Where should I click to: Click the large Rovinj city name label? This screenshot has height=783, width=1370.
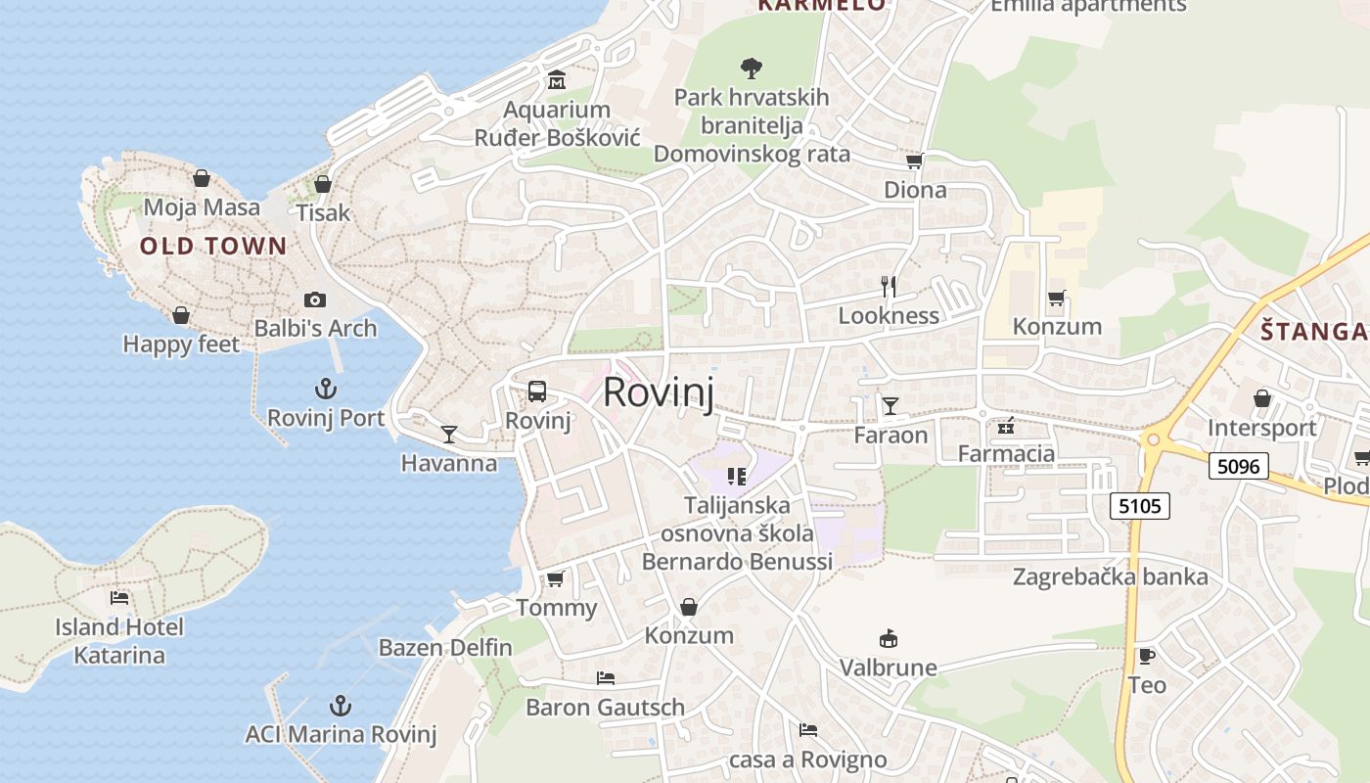click(x=658, y=392)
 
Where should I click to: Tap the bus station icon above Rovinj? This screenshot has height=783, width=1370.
click(x=537, y=391)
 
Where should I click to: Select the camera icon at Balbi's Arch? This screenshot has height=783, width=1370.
click(x=315, y=299)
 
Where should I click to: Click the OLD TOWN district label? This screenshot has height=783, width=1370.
click(x=213, y=246)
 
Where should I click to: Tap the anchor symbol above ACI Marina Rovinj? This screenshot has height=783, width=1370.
click(x=340, y=706)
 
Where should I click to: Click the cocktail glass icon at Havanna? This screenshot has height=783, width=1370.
click(x=449, y=434)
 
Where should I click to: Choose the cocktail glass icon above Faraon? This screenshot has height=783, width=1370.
click(x=890, y=405)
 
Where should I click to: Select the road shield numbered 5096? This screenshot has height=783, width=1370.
click(x=1239, y=466)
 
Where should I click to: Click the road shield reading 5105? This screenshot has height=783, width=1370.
click(x=1140, y=506)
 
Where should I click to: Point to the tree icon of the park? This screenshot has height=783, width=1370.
click(x=752, y=69)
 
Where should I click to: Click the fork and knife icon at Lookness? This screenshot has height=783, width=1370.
click(x=889, y=287)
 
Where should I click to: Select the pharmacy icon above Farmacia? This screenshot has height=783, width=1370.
click(x=1006, y=426)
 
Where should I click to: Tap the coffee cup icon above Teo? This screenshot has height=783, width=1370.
click(x=1147, y=656)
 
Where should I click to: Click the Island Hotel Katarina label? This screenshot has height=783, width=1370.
click(x=119, y=641)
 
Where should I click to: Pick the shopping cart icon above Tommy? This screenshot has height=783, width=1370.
click(x=556, y=579)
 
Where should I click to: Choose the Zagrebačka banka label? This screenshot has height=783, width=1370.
click(x=1111, y=576)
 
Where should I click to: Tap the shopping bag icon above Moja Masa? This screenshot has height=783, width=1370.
click(x=202, y=178)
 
